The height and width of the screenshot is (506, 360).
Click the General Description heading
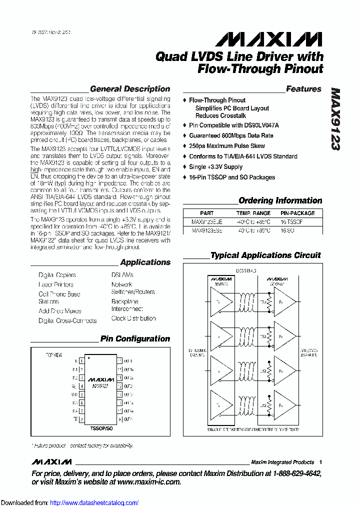[x=130, y=89]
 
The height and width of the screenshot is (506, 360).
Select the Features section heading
[x=303, y=89]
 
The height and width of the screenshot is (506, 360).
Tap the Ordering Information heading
[x=280, y=200]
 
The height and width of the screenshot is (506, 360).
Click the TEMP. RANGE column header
[x=253, y=213]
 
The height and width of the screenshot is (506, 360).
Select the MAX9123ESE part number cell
[x=207, y=230]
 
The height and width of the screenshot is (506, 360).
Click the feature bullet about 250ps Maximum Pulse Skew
[x=227, y=146]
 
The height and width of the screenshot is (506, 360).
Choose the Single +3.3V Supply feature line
[x=215, y=167]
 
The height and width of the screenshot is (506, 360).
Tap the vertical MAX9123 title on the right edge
[x=335, y=119]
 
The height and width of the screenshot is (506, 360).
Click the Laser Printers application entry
[x=56, y=284]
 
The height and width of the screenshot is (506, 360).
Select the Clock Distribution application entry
[x=133, y=318]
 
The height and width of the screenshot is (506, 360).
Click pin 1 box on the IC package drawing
[x=81, y=360]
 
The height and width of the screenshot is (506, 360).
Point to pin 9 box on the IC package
[x=119, y=419]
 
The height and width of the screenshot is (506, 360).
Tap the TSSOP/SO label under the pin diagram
[x=101, y=428]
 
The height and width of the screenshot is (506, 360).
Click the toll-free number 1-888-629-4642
[x=295, y=473]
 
